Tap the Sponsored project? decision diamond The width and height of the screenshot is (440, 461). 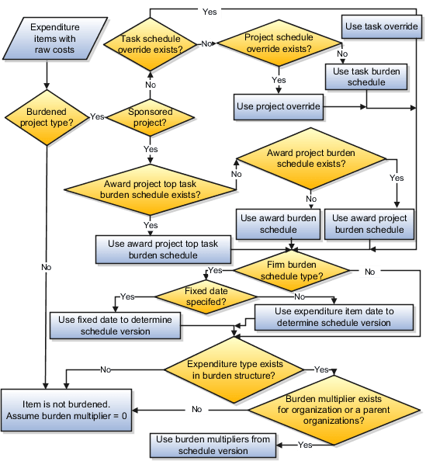(150, 116)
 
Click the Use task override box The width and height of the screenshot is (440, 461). (381, 27)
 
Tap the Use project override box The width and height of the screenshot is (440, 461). (278, 106)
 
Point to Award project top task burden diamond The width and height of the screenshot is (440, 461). (151, 189)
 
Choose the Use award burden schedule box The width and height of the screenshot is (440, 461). (278, 224)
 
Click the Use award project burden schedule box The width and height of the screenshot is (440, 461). (369, 224)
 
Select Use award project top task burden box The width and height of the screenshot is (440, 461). (164, 248)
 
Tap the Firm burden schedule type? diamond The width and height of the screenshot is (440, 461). (291, 271)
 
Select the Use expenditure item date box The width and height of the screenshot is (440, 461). (334, 317)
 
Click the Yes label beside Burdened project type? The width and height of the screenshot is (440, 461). (97, 116)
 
